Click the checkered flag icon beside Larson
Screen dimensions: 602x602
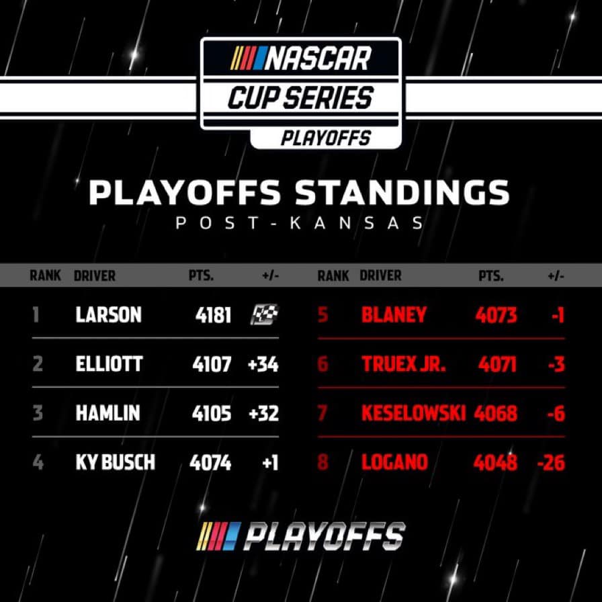pyautogui.click(x=265, y=314)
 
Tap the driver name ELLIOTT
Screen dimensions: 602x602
pyautogui.click(x=109, y=363)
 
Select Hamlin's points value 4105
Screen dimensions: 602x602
pyautogui.click(x=212, y=413)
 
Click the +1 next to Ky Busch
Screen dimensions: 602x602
pyautogui.click(x=270, y=462)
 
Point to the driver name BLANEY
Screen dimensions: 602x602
pyautogui.click(x=394, y=314)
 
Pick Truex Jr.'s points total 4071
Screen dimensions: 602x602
pyautogui.click(x=497, y=363)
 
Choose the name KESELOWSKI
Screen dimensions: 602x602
pyautogui.click(x=413, y=413)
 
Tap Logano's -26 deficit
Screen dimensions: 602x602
pyautogui.click(x=552, y=462)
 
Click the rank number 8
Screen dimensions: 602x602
pyautogui.click(x=323, y=462)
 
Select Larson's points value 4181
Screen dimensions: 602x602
pyautogui.click(x=213, y=315)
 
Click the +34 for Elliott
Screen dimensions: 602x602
pyautogui.click(x=263, y=364)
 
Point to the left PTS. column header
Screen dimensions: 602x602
pyautogui.click(x=201, y=275)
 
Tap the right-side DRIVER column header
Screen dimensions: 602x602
pyautogui.click(x=380, y=275)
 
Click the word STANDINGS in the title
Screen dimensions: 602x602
pyautogui.click(x=402, y=192)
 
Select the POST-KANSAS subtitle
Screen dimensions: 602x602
pyautogui.click(x=300, y=222)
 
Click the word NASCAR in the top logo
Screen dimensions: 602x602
pyautogui.click(x=318, y=58)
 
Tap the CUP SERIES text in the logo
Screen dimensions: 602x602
pyautogui.click(x=300, y=97)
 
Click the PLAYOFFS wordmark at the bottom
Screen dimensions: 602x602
pyautogui.click(x=325, y=536)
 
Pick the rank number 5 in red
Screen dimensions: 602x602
pyautogui.click(x=323, y=314)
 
